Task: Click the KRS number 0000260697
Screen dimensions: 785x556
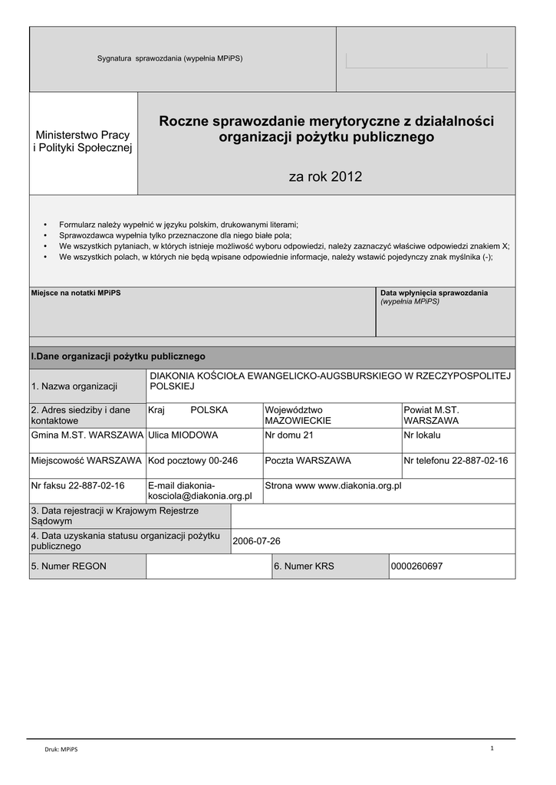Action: point(416,567)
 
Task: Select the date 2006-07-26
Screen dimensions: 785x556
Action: point(256,541)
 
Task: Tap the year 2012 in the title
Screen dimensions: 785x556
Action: point(325,177)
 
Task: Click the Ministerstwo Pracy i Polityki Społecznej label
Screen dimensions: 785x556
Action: point(83,141)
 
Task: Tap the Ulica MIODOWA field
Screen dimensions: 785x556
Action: point(183,435)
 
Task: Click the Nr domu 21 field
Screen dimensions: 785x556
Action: point(289,435)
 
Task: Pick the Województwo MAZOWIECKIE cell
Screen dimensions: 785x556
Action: point(298,415)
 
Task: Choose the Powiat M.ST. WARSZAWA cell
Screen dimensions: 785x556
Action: point(431,415)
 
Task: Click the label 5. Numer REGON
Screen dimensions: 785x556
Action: point(68,567)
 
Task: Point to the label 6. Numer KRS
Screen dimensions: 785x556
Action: point(304,567)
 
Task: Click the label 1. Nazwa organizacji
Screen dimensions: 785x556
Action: point(74,386)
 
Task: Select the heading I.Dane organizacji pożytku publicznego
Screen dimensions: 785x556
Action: point(117,356)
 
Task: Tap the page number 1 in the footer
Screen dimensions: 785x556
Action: point(492,748)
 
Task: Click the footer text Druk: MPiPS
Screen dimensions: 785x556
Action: point(61,750)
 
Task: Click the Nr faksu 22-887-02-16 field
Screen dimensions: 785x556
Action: point(77,486)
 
